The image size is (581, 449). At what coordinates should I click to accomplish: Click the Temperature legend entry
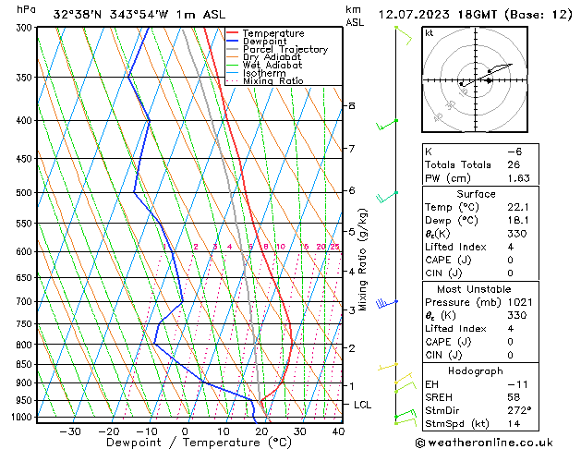tap(274, 33)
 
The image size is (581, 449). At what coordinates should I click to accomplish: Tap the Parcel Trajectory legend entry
tap(284, 50)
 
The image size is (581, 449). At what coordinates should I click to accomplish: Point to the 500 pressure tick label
tap(22, 192)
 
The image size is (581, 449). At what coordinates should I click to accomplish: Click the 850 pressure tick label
tap(22, 364)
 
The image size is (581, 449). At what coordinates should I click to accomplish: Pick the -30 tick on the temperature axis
tap(69, 431)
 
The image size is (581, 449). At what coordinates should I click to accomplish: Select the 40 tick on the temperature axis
tap(338, 431)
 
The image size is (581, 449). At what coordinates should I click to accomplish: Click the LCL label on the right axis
tap(363, 405)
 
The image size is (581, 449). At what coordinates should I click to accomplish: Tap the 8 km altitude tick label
tap(351, 106)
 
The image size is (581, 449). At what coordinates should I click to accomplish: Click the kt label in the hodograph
tap(430, 32)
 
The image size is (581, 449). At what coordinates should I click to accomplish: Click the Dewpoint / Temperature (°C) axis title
tap(187, 443)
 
